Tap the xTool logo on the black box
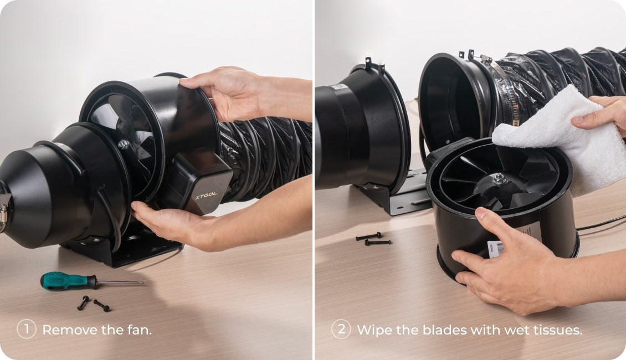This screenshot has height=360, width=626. (206, 196)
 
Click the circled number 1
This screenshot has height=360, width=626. (27, 330)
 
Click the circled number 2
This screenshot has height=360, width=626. (341, 330)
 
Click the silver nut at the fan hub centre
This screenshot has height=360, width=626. (499, 178)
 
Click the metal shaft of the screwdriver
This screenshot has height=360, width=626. (120, 283)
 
